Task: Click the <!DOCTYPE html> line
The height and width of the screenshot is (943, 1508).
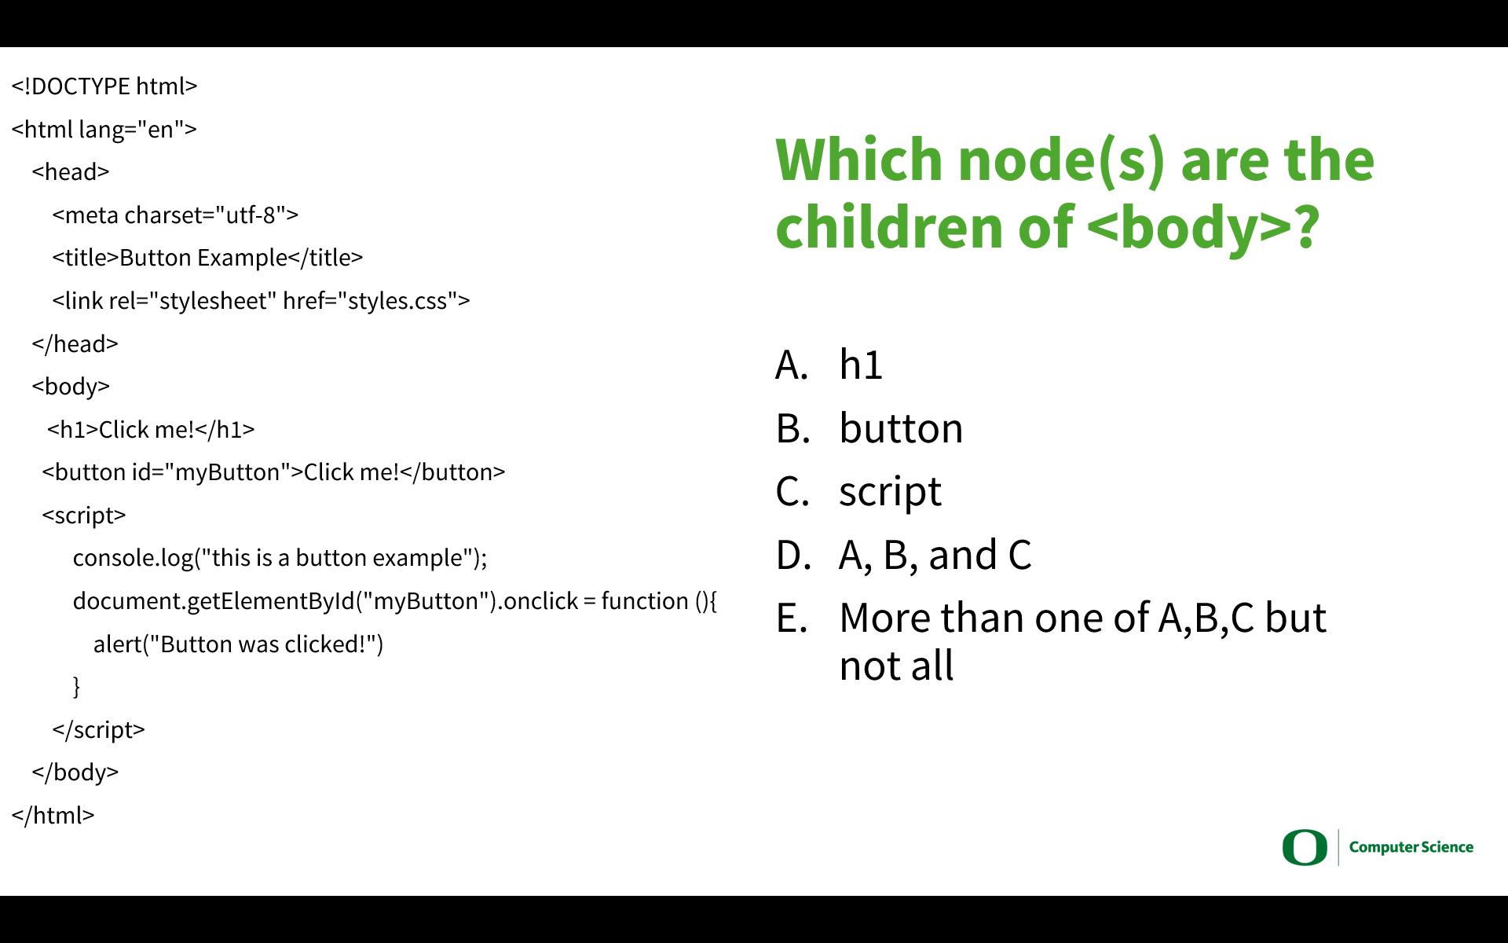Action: tap(104, 86)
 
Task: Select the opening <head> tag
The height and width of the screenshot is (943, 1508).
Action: tap(71, 172)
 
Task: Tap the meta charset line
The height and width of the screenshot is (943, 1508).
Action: tap(175, 215)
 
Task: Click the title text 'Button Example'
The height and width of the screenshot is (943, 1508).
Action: tap(203, 258)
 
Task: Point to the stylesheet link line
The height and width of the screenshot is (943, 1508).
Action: tap(261, 301)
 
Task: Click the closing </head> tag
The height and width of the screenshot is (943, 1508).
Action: tap(75, 344)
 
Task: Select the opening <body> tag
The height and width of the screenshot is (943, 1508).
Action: tap(71, 387)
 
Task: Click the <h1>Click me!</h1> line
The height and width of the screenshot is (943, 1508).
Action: tap(151, 430)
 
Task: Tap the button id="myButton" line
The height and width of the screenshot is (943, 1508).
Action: tap(273, 472)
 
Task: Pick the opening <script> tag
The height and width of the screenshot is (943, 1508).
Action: tap(84, 516)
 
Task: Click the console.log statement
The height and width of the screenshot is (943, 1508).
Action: tap(280, 558)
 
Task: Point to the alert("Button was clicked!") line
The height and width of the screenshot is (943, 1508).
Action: tap(238, 644)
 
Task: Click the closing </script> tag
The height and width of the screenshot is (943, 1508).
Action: tap(98, 730)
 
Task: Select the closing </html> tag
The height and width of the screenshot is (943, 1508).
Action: tap(53, 816)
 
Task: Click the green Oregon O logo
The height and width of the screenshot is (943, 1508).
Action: tap(1305, 847)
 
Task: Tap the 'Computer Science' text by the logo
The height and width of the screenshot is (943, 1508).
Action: tap(1411, 847)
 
